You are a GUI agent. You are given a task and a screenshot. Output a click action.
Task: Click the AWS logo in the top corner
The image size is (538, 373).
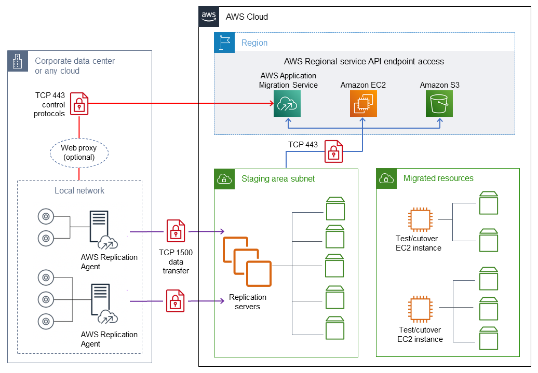click(208, 16)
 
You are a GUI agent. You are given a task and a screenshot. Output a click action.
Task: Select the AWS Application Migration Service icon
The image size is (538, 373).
click(288, 103)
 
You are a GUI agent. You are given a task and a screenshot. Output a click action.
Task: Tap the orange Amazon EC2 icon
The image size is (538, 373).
click(363, 103)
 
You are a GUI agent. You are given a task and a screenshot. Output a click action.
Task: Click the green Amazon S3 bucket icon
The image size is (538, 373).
click(439, 103)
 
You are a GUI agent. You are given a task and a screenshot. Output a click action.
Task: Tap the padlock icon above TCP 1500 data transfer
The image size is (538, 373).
click(175, 231)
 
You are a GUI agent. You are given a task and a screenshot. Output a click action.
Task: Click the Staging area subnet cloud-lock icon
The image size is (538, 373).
click(224, 179)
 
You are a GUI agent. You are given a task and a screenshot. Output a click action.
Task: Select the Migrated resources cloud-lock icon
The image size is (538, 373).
click(386, 178)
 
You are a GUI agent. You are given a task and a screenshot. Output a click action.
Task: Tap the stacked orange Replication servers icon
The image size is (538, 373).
click(247, 261)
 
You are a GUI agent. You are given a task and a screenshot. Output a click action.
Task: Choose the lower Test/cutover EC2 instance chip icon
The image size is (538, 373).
click(419, 309)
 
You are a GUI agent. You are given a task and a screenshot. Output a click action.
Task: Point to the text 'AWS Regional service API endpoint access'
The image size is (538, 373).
click(364, 61)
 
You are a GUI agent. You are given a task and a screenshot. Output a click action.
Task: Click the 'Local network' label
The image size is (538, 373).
click(79, 190)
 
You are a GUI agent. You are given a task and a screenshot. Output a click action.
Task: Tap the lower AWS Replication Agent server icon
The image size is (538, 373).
click(100, 299)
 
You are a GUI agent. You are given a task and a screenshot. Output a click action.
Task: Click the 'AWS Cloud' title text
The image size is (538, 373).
click(247, 17)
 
